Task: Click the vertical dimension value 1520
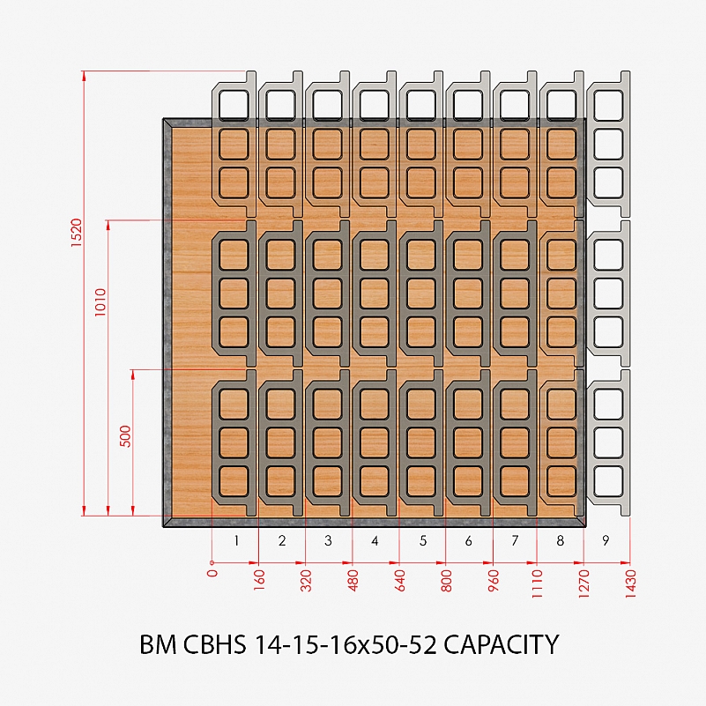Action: tap(77, 233)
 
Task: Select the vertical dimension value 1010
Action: tap(100, 302)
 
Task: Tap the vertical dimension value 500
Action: tap(126, 435)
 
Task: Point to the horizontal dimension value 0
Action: tap(212, 573)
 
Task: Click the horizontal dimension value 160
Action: tap(259, 580)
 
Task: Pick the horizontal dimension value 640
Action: tap(400, 580)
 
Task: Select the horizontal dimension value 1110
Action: tap(537, 583)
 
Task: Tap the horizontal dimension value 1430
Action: tap(630, 583)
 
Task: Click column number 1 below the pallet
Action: tap(236, 540)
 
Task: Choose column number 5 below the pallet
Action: tap(423, 540)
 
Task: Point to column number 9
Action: tap(606, 540)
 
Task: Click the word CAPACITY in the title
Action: tap(502, 644)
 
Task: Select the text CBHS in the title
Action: tap(215, 644)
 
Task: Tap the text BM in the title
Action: tap(158, 644)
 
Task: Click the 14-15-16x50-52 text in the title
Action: tap(346, 644)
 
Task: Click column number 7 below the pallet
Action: tap(515, 540)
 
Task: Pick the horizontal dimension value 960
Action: tap(494, 580)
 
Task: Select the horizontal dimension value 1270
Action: tap(583, 583)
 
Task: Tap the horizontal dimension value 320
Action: tap(306, 580)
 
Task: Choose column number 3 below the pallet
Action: tap(328, 540)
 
